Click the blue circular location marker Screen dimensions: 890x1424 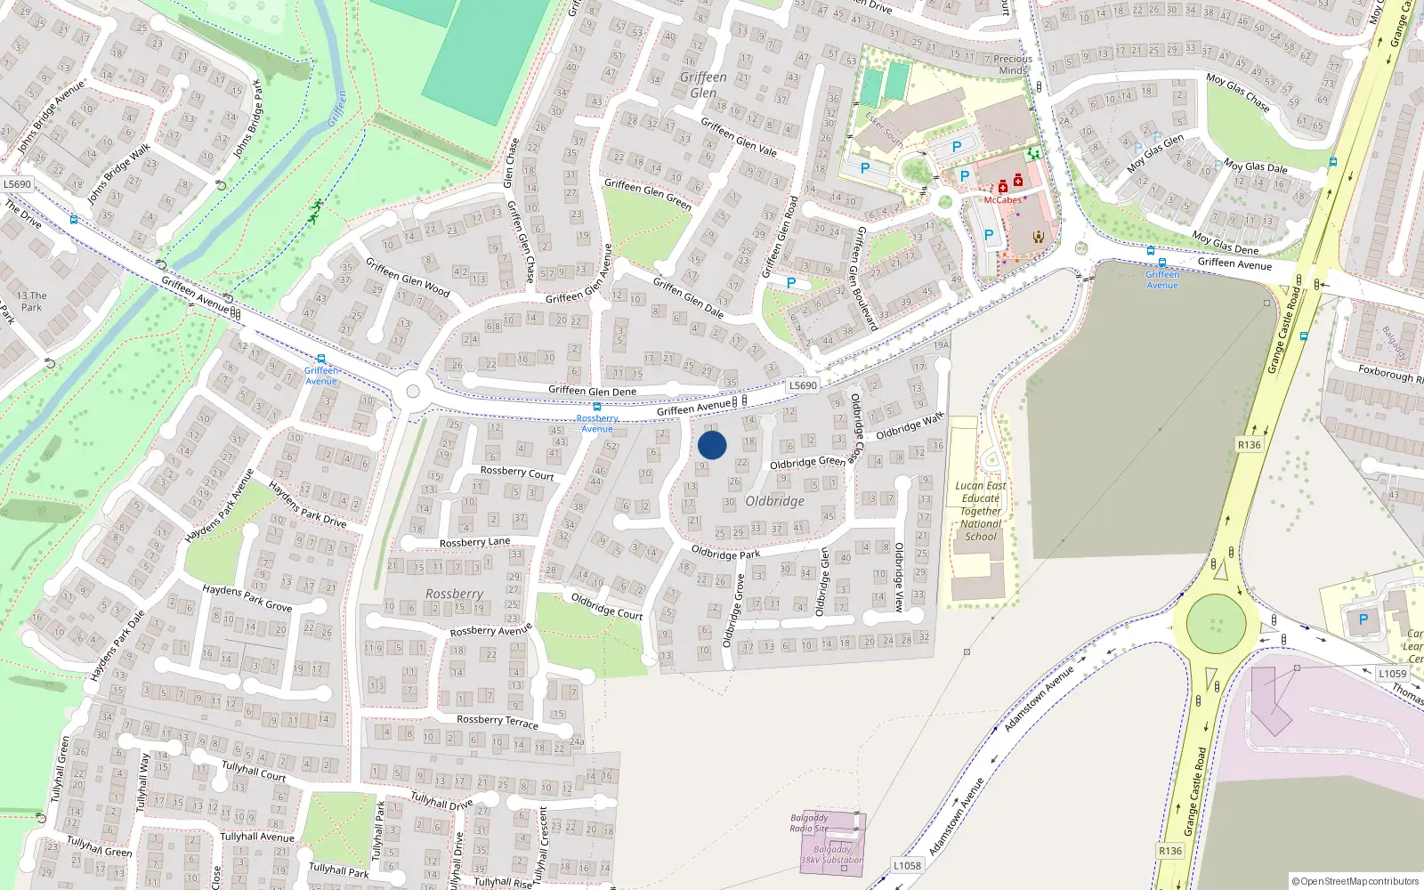tap(712, 445)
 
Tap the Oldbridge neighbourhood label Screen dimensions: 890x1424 tap(774, 501)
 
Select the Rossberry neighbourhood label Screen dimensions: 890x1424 tap(454, 594)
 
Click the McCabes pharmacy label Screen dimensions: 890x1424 tap(1002, 200)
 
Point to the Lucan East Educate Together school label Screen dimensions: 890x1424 tap(981, 511)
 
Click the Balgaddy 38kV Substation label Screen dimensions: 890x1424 tap(832, 854)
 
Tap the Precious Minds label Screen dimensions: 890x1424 tap(1013, 64)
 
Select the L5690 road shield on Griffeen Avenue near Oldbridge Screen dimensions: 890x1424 tap(802, 385)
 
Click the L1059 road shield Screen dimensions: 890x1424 tap(1392, 674)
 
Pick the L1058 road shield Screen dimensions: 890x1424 tap(907, 865)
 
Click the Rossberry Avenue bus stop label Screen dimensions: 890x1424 tap(597, 423)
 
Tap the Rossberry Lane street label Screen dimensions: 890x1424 tap(474, 542)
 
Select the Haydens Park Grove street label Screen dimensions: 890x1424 tap(247, 597)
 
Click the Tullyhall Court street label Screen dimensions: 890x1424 tap(254, 771)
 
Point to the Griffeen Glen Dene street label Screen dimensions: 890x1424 tap(592, 391)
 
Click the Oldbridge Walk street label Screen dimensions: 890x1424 tap(910, 426)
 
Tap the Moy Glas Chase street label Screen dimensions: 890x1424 tap(1238, 92)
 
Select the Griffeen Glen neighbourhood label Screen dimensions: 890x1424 tap(703, 85)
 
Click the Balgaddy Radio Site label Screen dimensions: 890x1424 tap(809, 823)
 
